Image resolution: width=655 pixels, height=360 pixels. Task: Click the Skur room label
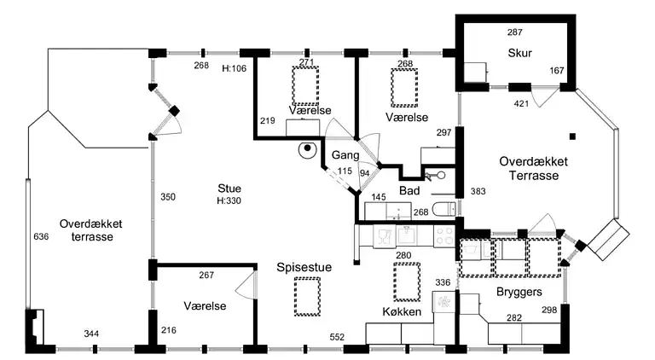pos(519,53)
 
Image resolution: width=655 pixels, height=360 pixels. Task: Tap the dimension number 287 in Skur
pos(514,32)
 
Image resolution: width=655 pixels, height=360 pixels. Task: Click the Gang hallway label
pos(345,155)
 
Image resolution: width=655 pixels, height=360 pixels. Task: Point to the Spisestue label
pos(304,267)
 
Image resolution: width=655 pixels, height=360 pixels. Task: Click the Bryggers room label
pos(520,292)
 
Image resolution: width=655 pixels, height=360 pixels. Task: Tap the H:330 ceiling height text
pos(229,201)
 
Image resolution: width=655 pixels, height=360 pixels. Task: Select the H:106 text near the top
pos(234,68)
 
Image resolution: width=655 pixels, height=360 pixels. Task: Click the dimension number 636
pos(40,236)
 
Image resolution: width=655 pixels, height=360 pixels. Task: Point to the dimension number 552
pos(336,338)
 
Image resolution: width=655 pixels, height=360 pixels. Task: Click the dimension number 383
pos(478,191)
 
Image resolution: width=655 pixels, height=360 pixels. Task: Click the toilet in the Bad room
pos(443,210)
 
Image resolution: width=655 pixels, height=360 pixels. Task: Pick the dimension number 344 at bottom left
pos(91,334)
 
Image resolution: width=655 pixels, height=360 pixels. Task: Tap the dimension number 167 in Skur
pos(557,70)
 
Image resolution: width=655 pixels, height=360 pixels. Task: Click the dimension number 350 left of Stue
pos(168,197)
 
